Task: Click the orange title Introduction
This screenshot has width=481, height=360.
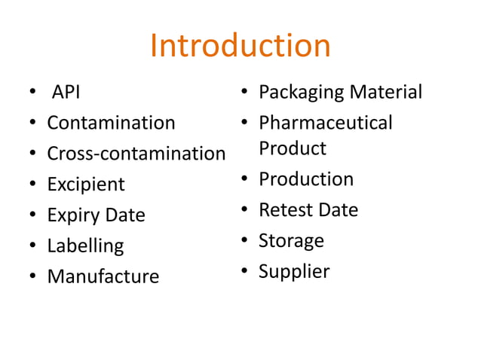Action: tap(240, 46)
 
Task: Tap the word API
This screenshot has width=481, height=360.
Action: tap(66, 93)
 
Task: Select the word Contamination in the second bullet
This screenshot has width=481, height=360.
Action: tap(111, 123)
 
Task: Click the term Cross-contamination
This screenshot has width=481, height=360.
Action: tap(136, 154)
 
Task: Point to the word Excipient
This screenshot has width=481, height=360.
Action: tap(86, 185)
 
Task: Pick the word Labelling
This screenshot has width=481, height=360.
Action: tap(85, 246)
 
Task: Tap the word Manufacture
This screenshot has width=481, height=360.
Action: tap(103, 276)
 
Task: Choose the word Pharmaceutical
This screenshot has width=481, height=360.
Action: tap(326, 123)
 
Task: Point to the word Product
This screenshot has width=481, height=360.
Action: tap(293, 148)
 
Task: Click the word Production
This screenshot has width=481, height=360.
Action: tap(306, 179)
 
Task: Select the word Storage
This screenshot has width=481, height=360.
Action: tap(291, 241)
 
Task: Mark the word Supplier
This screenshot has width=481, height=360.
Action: tap(294, 272)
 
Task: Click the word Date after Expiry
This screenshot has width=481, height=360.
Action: tap(124, 215)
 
